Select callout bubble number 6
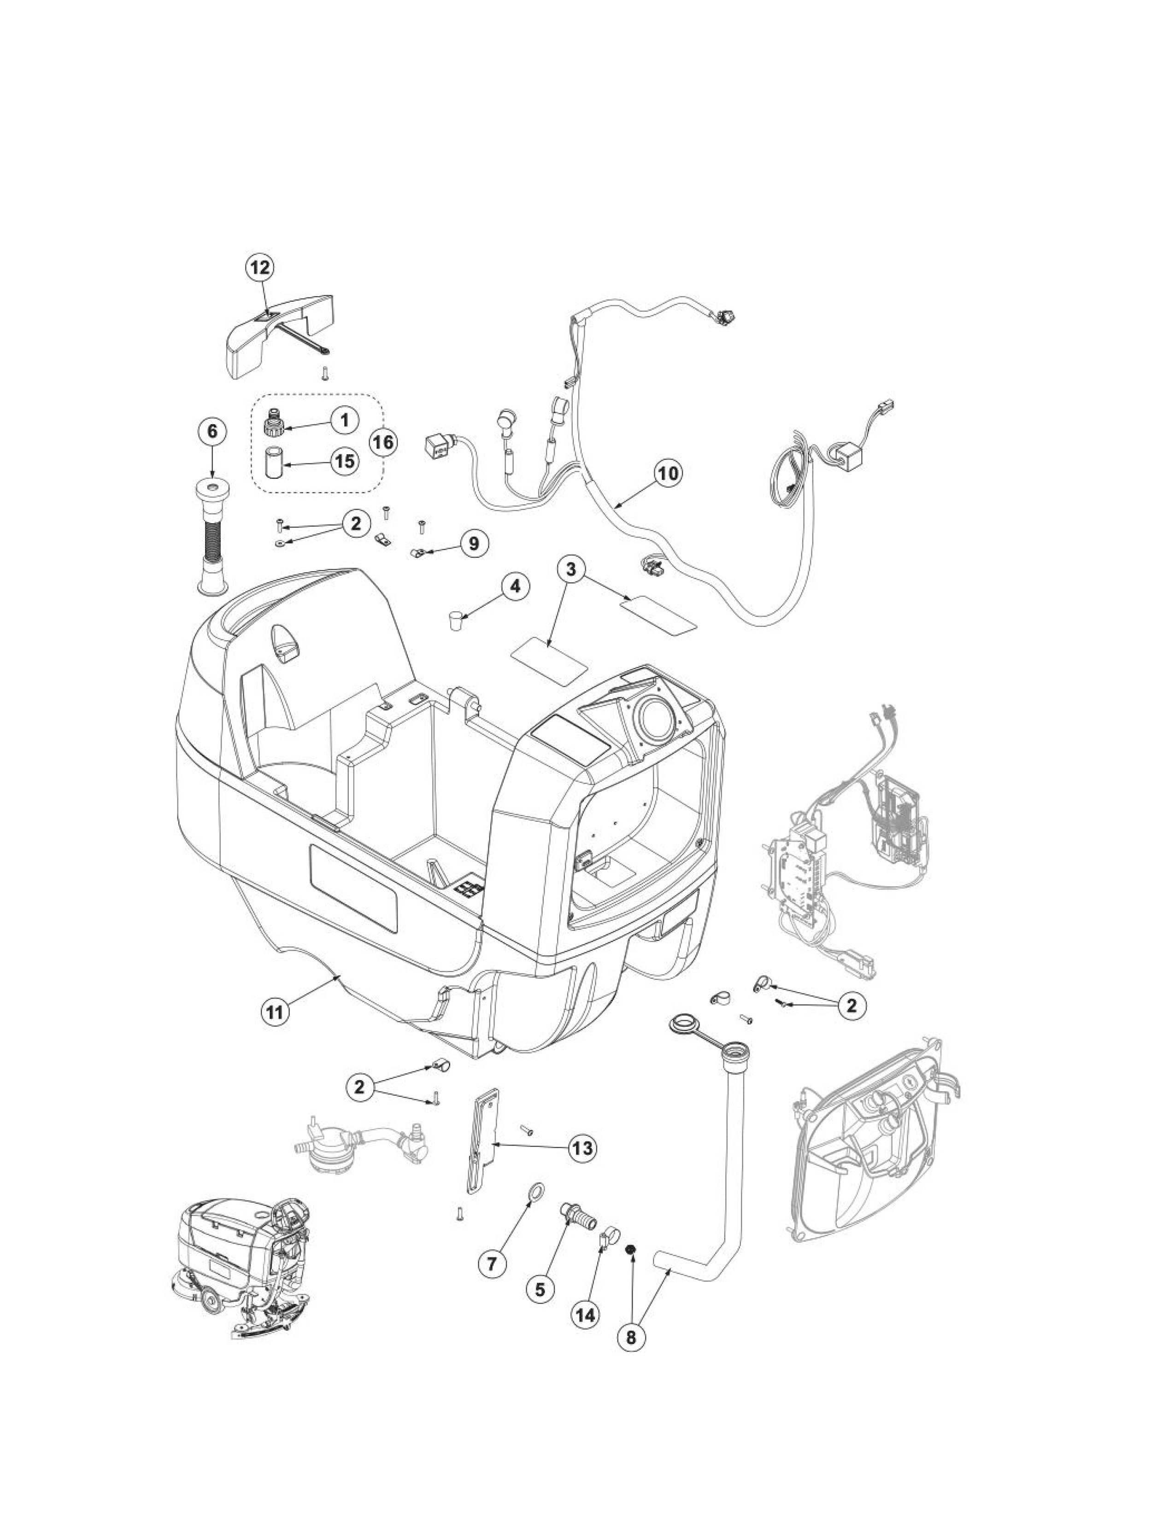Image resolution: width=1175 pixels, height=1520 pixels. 211,432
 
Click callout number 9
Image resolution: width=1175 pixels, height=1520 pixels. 473,543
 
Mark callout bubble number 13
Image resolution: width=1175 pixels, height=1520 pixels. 582,1148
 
